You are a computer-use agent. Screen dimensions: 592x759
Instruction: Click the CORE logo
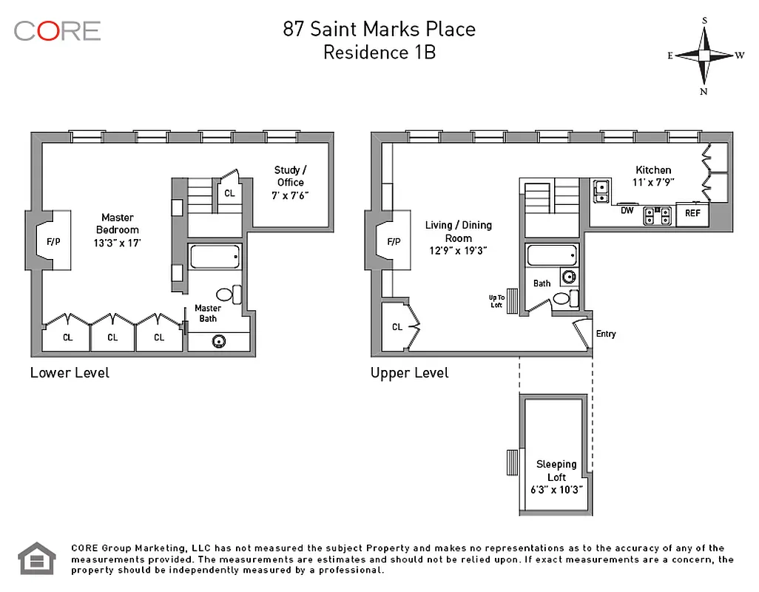57,30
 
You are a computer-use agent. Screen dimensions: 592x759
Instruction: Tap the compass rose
704,55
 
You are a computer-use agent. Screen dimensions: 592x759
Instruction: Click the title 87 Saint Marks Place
379,29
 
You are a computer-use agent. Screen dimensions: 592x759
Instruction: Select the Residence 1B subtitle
379,53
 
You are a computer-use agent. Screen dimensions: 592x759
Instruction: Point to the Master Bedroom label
118,230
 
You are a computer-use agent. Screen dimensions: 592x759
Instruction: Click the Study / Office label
290,182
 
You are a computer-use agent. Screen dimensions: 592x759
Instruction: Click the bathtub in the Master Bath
215,257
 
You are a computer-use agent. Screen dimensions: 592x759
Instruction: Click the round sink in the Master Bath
219,341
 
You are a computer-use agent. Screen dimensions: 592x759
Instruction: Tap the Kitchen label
653,175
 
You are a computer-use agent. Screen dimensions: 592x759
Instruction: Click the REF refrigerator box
692,213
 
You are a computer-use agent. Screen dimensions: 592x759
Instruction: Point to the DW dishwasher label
627,211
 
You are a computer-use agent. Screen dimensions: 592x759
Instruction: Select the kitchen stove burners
658,215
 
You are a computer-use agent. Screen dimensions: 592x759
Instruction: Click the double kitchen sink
601,192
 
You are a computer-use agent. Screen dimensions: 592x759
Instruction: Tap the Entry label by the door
606,334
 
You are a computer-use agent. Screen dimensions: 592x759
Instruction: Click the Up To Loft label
496,301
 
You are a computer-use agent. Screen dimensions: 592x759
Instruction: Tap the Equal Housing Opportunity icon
36,559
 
